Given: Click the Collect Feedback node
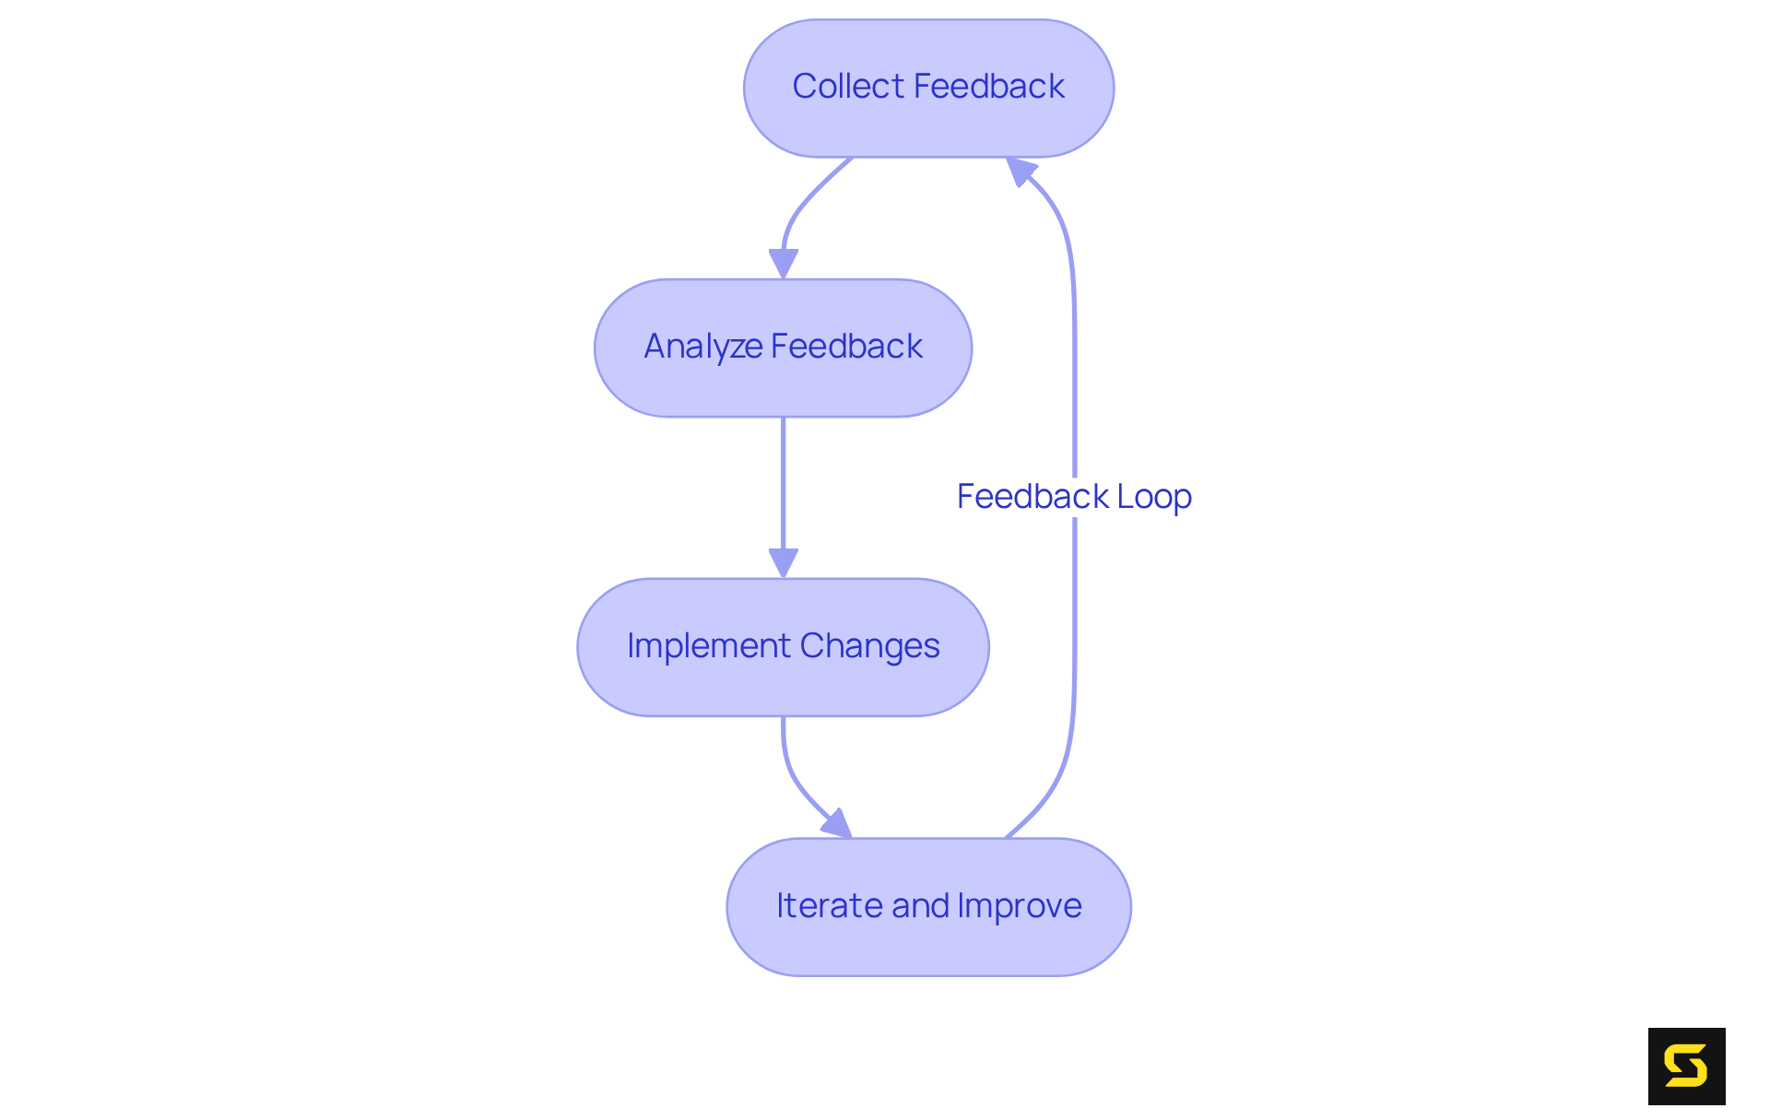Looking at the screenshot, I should (x=928, y=88).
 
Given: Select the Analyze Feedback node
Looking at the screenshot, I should (x=783, y=348).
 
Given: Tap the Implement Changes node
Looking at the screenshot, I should (x=783, y=647).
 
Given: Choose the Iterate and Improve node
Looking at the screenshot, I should (x=928, y=907).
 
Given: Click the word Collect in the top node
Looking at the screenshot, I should (x=848, y=87).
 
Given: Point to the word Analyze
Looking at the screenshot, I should (x=702, y=348).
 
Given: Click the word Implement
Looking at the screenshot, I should (x=708, y=647).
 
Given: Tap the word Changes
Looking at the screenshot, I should (x=869, y=646).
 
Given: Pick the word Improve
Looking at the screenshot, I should (x=1020, y=907).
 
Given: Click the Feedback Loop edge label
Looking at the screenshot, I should (x=1074, y=497).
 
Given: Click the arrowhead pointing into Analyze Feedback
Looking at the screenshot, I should (x=784, y=264).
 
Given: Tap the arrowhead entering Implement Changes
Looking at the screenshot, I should (x=784, y=563).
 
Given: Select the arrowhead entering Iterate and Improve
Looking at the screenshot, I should (x=838, y=825).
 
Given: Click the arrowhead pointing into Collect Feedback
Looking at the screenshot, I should (x=1020, y=171).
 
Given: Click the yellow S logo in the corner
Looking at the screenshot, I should (x=1686, y=1067).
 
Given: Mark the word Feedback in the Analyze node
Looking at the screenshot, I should (x=846, y=347).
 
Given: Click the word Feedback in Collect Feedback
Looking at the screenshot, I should (x=989, y=87).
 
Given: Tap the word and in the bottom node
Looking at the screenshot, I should (x=919, y=906).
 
